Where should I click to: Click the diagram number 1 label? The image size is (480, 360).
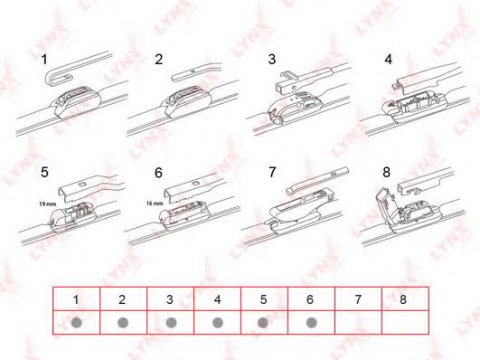tap(44, 60)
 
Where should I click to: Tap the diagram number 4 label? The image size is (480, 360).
tap(388, 59)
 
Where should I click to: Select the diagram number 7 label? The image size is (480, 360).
tap(272, 172)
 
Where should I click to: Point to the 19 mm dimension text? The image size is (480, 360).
tap(47, 204)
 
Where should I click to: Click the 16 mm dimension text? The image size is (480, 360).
tap(155, 204)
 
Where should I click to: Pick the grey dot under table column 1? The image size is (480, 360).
tap(76, 323)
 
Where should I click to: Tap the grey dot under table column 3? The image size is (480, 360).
tap(171, 323)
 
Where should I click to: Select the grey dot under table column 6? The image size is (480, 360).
tap(311, 323)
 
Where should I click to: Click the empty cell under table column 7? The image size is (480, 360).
tap(359, 322)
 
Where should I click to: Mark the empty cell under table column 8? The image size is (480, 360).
tap(405, 322)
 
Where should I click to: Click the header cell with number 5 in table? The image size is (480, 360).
tap(264, 299)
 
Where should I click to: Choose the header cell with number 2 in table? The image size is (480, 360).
tap(123, 299)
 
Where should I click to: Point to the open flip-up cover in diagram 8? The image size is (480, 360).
tap(386, 204)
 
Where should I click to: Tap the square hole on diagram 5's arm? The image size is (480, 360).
tap(81, 185)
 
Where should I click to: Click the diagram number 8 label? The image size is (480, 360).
tap(387, 173)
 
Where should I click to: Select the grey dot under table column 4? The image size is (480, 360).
tap(218, 323)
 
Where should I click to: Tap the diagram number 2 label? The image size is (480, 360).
tap(158, 59)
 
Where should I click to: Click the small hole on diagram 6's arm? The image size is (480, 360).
tap(195, 184)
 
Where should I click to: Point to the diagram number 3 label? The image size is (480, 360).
tap(272, 59)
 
